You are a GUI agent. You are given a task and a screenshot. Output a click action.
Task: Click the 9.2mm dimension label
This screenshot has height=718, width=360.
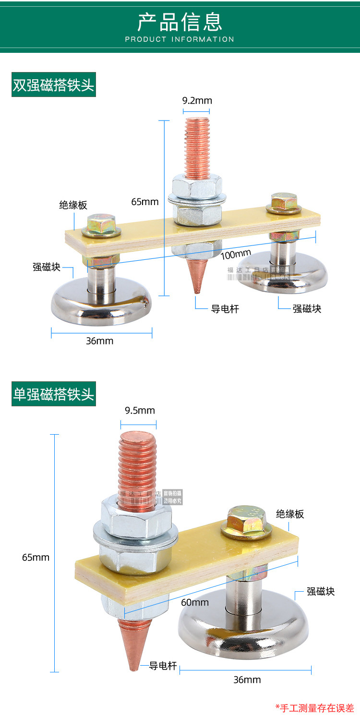click(x=197, y=101)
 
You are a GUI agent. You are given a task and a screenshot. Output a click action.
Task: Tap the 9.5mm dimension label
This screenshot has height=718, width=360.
click(x=140, y=411)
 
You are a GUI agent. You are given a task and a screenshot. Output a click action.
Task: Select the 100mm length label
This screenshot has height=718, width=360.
click(x=236, y=254)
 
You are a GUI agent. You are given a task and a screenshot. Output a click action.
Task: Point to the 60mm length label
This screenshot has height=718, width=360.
click(x=194, y=602)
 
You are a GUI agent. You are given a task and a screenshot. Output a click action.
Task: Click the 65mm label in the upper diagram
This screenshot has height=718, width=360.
click(x=144, y=202)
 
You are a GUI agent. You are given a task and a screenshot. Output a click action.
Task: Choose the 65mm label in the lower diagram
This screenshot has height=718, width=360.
click(x=36, y=558)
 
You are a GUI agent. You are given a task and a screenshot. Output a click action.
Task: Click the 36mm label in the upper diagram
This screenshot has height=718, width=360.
click(x=99, y=341)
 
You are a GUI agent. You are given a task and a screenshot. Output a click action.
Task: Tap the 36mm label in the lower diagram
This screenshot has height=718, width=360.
click(x=247, y=680)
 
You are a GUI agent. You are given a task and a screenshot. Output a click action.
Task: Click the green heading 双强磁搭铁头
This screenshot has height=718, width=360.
click(x=54, y=85)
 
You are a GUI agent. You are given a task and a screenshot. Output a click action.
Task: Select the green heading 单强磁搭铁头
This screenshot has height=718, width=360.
click(x=54, y=394)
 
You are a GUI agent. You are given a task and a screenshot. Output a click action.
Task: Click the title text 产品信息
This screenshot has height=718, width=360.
click(x=180, y=22)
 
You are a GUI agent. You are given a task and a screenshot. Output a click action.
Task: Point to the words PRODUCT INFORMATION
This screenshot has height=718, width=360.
click(x=180, y=39)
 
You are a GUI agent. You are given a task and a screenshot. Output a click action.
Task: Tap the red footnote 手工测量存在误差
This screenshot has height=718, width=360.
click(x=315, y=708)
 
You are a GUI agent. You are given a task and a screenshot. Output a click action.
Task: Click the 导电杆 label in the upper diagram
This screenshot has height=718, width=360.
click(x=225, y=309)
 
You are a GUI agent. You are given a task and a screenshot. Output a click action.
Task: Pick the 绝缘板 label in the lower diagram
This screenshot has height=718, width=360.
click(x=290, y=514)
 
